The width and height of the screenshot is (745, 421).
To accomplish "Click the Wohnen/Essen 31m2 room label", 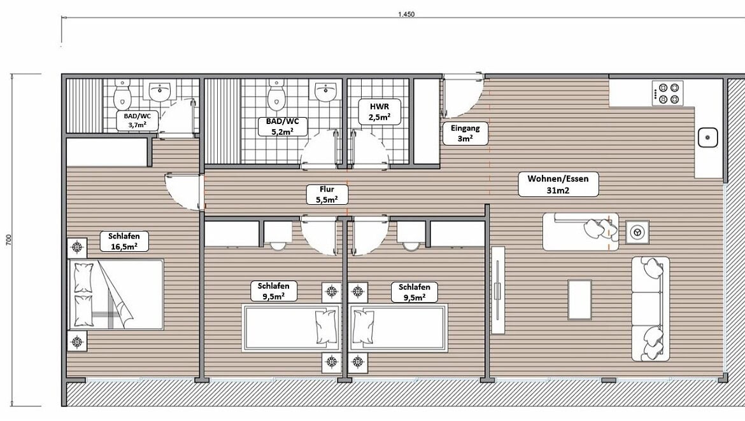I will tap(553, 184).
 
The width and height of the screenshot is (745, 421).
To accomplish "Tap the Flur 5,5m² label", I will tap(327, 194).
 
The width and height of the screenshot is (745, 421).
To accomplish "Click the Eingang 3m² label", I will tap(465, 133).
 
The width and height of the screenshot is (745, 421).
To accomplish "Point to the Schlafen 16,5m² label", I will tap(120, 241).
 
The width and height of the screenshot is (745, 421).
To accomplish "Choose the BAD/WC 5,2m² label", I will tap(282, 125).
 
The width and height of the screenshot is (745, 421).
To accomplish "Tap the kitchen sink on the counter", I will tap(707, 137).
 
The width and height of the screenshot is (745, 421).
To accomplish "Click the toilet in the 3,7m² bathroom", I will tap(122, 95).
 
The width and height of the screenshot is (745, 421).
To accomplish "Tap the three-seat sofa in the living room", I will tap(650, 308).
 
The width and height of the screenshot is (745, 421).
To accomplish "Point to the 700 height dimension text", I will tap(8, 239).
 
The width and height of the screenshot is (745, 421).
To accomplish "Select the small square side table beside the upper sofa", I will tap(636, 232).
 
